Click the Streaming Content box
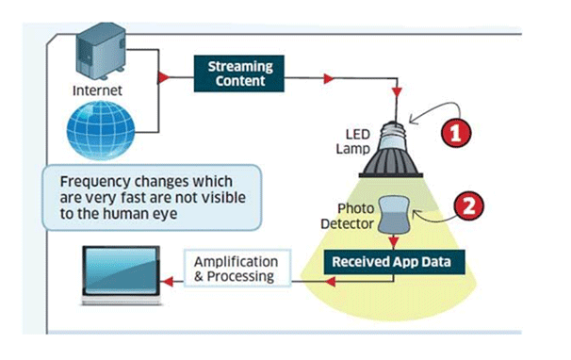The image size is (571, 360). point(241,74)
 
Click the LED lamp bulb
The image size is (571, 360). point(391,154)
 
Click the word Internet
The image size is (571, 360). point(97,91)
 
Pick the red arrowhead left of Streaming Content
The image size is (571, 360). point(165,73)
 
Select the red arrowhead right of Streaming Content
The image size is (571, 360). point(323,74)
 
